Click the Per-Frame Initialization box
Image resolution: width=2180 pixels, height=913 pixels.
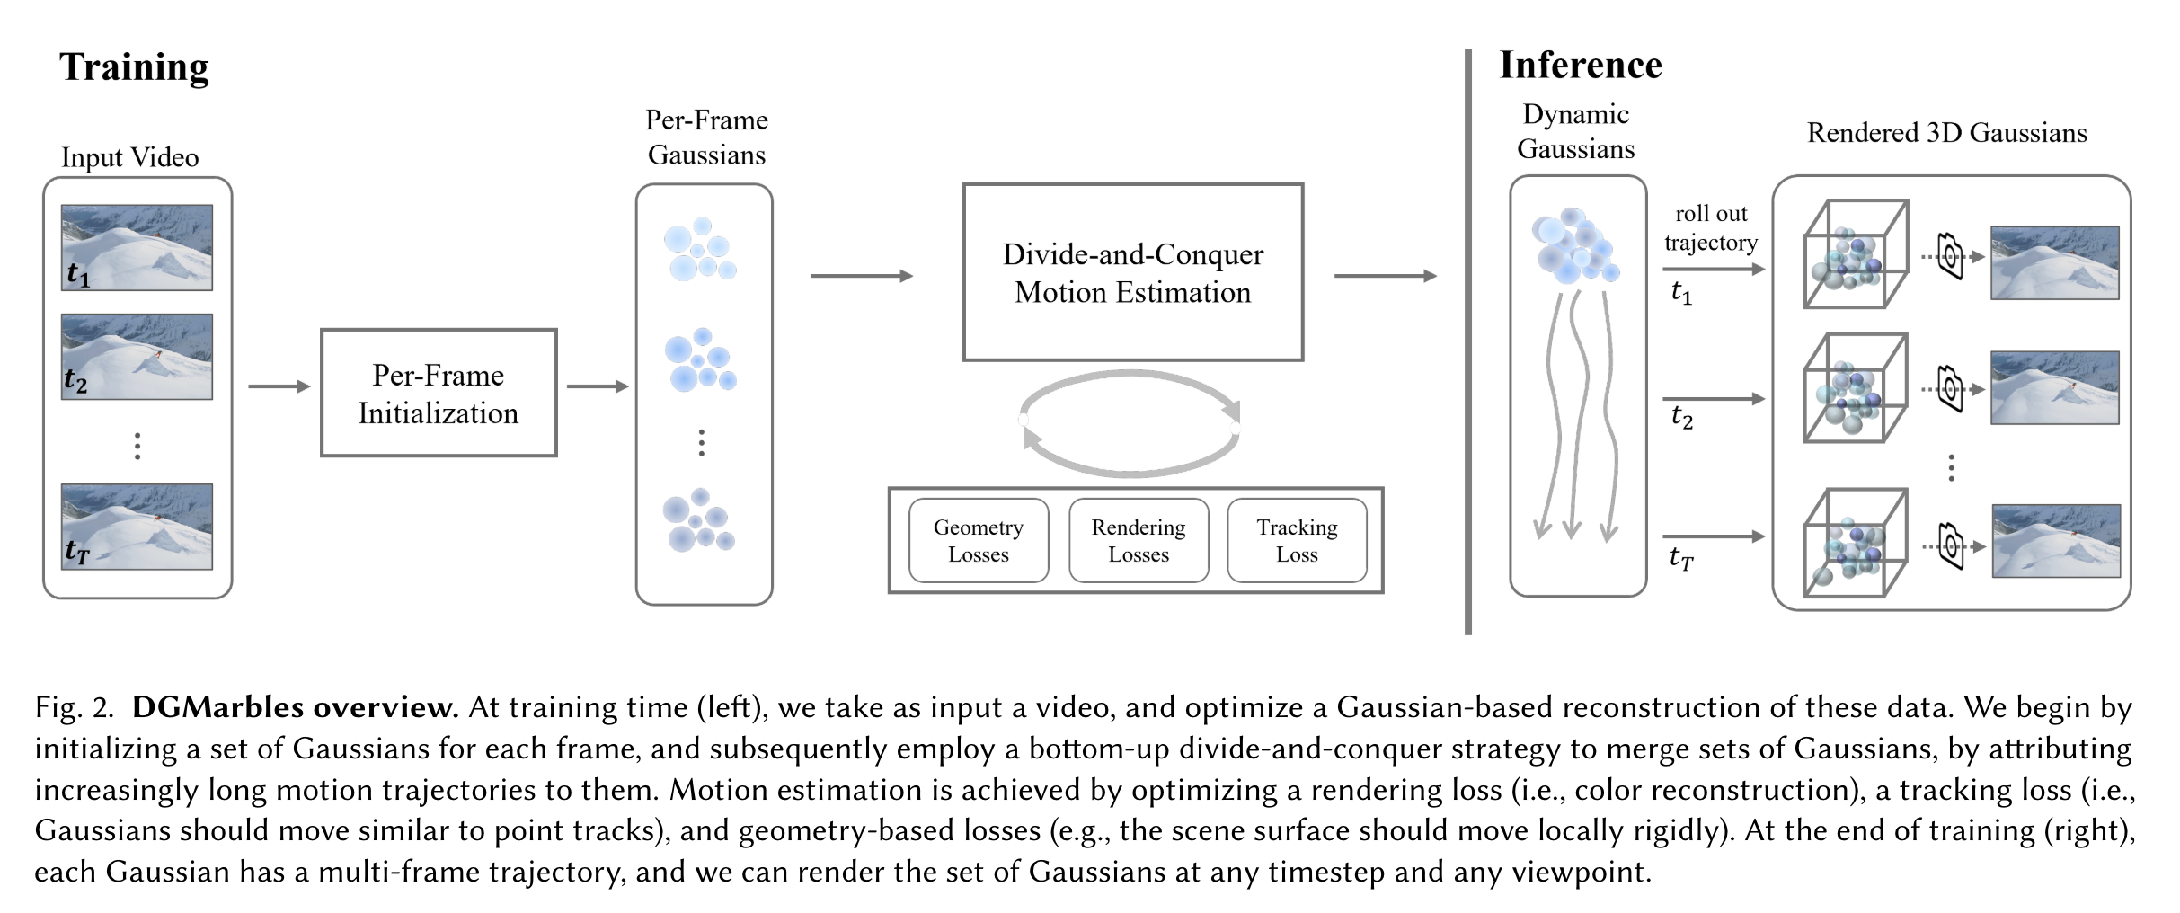tap(439, 393)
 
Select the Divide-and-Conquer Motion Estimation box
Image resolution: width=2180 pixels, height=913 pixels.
tap(1132, 272)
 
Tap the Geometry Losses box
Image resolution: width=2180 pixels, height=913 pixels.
tap(979, 540)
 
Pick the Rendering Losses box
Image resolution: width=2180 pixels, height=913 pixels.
tap(1139, 540)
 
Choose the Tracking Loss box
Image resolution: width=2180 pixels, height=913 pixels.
tap(1297, 540)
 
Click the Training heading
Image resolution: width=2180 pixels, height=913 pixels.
tap(134, 67)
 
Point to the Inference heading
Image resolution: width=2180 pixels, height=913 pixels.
tap(1581, 66)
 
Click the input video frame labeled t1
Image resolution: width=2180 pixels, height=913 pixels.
tap(137, 247)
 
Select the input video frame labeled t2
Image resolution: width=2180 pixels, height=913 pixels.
tap(137, 356)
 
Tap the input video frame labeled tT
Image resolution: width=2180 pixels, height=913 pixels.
tap(137, 527)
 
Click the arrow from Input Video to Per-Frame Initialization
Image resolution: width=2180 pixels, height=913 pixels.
tap(279, 386)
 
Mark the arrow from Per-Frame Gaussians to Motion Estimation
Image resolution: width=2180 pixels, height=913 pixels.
tap(861, 276)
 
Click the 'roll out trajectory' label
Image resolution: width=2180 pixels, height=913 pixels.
tap(1711, 228)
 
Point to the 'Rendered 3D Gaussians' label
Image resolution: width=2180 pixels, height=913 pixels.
tap(1946, 133)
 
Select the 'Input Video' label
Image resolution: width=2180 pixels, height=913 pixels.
tap(130, 158)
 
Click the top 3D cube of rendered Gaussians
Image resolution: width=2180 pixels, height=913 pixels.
tap(1855, 254)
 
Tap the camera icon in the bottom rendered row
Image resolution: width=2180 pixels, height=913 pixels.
tap(1951, 545)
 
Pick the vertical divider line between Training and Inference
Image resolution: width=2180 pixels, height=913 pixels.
tap(1468, 341)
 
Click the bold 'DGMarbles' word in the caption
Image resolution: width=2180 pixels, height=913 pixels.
tap(218, 707)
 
